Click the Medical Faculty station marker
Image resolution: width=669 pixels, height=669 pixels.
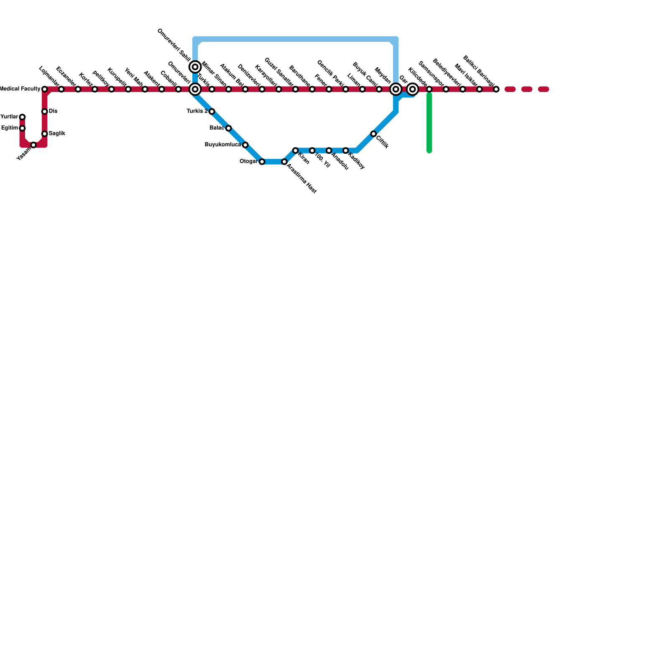point(44,89)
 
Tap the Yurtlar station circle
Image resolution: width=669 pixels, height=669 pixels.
point(22,117)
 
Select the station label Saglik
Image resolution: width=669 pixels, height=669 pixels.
point(57,134)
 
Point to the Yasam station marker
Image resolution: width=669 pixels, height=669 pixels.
point(33,145)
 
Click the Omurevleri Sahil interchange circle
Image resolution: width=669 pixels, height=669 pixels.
point(195,67)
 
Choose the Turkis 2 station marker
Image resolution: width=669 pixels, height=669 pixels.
point(212,112)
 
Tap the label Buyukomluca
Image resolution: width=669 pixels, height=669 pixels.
point(223,145)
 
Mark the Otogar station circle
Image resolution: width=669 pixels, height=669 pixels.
point(262,162)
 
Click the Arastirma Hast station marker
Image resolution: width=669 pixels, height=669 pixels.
point(284,162)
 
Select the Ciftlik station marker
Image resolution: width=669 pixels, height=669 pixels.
point(373,134)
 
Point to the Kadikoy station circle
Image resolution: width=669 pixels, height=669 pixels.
point(345,151)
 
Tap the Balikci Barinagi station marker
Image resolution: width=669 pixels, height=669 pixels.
point(496,89)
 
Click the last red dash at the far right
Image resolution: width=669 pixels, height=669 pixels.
point(543,89)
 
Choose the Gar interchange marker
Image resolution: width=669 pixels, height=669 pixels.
point(412,89)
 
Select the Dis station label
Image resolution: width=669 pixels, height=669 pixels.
point(53,112)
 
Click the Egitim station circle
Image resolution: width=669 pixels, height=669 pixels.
point(22,128)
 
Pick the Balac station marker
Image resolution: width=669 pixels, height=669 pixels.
point(228,128)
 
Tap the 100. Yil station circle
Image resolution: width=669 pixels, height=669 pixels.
point(312,151)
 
